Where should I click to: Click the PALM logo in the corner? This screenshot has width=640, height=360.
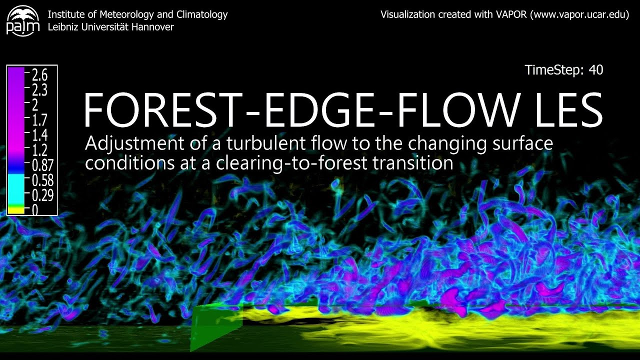click(22, 20)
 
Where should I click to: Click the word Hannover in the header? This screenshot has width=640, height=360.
click(152, 27)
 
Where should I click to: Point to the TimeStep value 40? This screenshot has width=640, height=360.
click(596, 70)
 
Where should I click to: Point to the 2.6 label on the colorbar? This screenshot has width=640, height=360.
click(39, 75)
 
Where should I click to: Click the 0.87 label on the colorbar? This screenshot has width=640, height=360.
click(42, 164)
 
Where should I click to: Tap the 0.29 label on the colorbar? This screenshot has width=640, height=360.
click(42, 194)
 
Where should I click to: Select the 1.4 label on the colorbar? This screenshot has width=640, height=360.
click(39, 135)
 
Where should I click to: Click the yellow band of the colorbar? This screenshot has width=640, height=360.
click(15, 210)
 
